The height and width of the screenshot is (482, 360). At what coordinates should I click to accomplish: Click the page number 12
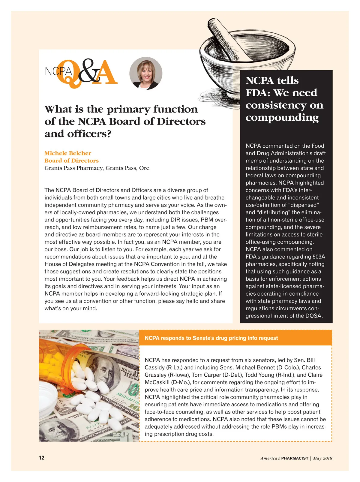[41, 458]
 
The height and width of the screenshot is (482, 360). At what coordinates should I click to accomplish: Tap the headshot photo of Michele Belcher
[146, 73]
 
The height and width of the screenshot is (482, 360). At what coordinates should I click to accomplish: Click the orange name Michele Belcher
[68, 153]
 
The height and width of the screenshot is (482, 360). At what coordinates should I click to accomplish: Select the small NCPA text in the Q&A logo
[58, 71]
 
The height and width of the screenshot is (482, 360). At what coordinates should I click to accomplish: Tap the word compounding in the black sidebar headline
[282, 117]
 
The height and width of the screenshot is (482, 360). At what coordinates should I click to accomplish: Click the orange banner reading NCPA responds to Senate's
[211, 338]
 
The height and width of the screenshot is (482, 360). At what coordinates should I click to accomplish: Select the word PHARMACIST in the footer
[295, 458]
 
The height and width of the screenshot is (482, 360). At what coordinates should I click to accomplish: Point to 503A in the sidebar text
[319, 257]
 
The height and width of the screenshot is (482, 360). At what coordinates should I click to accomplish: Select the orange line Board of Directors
[71, 161]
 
